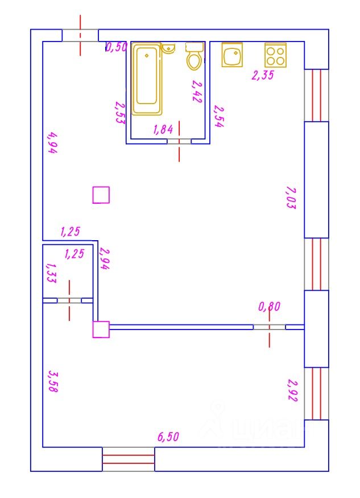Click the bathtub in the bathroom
(147, 79)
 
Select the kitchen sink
(232, 55)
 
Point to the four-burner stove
(275, 55)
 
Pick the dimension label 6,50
(168, 437)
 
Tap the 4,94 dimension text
(52, 143)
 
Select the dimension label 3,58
(52, 381)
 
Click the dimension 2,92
(291, 391)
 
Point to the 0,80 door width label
(270, 307)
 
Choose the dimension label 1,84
(163, 130)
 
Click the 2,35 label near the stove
(263, 75)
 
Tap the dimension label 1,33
(50, 273)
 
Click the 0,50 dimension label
(117, 47)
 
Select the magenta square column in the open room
(101, 195)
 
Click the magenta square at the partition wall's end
(101, 330)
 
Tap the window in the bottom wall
(129, 459)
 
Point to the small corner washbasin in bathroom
(168, 48)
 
